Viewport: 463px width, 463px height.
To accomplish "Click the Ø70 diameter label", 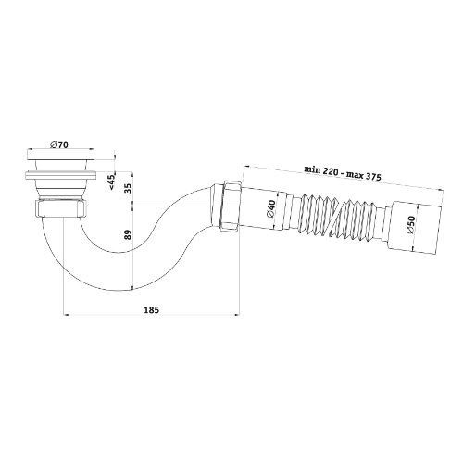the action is coord(58,144).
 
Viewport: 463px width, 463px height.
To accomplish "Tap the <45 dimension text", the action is coord(112,181).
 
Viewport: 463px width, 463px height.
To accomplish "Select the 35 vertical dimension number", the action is coord(129,188).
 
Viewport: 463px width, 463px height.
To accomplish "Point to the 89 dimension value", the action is coord(129,234).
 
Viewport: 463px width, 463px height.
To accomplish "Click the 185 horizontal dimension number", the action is coord(151,309).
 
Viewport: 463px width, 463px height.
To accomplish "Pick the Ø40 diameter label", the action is coord(270,209).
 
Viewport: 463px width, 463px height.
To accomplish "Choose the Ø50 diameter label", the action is coord(410,224).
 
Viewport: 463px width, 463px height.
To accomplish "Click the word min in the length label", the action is coord(312,169).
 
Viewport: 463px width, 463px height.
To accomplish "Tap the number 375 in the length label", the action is coord(372,177).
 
